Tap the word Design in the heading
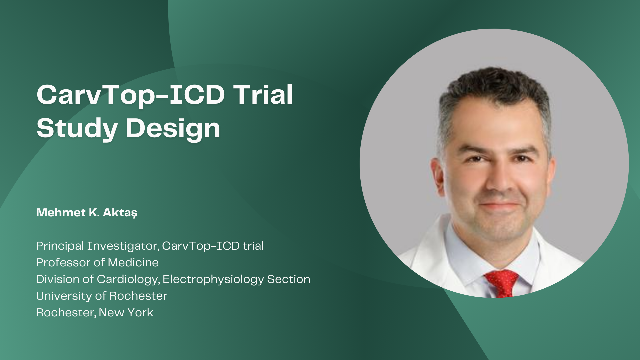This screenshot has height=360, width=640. click(173, 128)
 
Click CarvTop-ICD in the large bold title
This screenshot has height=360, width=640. click(131, 95)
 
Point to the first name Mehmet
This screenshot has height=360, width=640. click(61, 212)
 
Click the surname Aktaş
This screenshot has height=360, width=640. click(120, 213)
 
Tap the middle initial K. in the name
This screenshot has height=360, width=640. click(94, 212)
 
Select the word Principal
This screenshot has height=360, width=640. click(60, 246)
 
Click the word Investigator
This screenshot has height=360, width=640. click(123, 246)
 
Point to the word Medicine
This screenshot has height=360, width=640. click(133, 263)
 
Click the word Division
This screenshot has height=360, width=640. click(58, 279)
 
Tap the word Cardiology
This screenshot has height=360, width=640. click(128, 280)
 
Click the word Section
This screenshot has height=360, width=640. click(289, 279)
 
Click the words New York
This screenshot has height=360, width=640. click(126, 313)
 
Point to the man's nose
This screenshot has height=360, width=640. click(498, 180)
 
